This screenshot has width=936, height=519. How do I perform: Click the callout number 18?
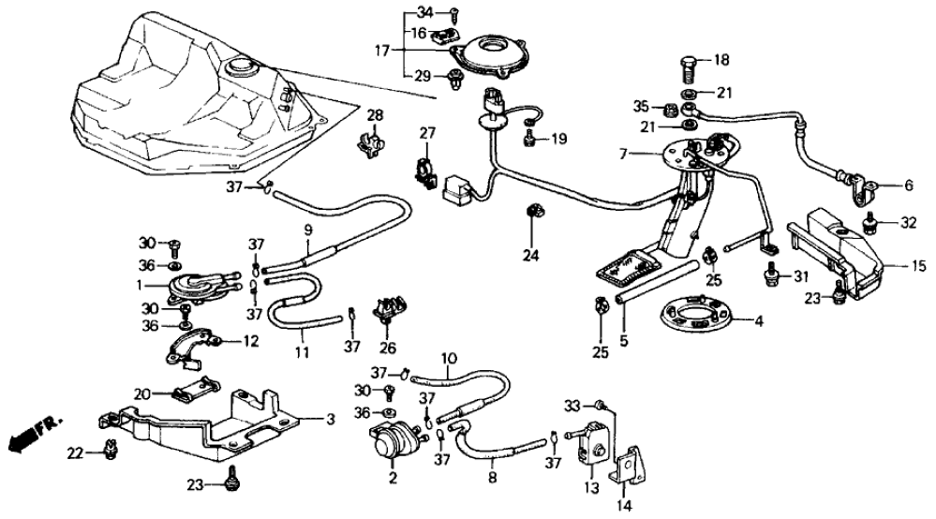point(721,59)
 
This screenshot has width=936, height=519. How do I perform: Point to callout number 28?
point(375,116)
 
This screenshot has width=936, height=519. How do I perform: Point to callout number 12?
point(250,342)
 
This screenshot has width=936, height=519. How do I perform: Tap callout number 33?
point(573,405)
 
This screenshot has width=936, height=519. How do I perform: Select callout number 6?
point(908,186)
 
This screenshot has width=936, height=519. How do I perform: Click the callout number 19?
point(558,140)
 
